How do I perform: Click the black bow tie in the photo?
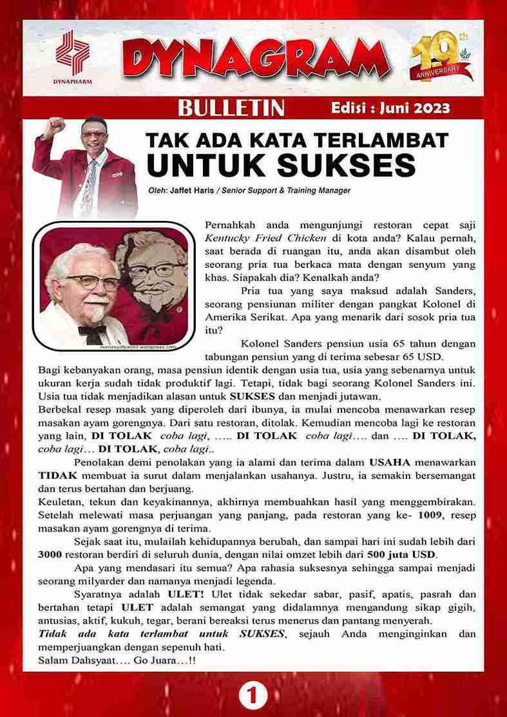89,332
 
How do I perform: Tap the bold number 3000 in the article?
50,555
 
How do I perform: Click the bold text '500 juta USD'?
401,555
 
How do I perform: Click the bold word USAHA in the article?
389,462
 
